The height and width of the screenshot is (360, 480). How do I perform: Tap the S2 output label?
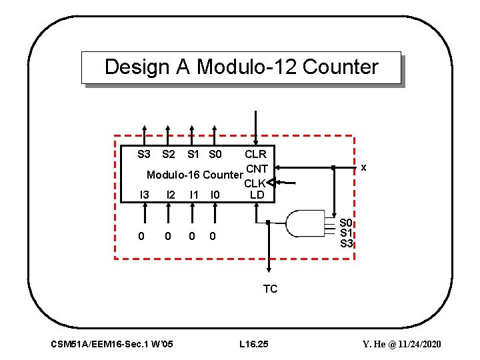coord(169,155)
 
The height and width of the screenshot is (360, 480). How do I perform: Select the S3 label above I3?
coord(143,155)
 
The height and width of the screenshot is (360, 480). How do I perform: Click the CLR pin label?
coord(255,155)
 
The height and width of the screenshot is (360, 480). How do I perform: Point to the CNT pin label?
coord(257,169)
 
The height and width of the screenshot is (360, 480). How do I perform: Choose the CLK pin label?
coord(255,183)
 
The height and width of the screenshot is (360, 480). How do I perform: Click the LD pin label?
coord(257,195)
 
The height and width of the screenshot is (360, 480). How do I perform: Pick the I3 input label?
coord(143,195)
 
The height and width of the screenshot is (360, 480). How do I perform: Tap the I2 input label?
coord(171,195)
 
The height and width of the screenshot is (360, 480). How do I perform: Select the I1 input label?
coord(194,195)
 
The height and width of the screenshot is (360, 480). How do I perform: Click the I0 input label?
coord(215,195)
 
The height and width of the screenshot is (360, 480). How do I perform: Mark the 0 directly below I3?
coord(141,236)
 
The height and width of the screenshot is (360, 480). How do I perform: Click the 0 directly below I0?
coord(212,236)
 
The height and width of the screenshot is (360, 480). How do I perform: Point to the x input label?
coord(364,168)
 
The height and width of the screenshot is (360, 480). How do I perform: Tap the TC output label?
coord(270,289)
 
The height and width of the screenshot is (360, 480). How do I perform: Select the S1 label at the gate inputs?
coord(346,233)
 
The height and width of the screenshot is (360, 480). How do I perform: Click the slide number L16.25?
coord(253,344)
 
